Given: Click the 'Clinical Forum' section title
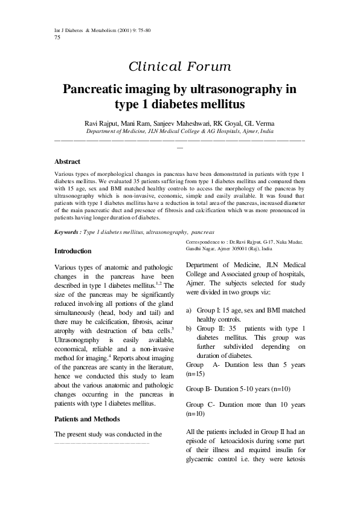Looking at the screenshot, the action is [179, 67].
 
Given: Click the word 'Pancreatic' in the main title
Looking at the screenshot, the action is [100, 90].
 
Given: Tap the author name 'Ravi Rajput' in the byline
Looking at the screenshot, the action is [103, 123].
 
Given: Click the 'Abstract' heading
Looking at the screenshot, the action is [68, 162].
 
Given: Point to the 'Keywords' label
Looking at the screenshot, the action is [67, 232].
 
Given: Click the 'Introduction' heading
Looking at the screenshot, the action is [73, 251].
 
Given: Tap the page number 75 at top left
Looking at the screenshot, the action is [57, 37].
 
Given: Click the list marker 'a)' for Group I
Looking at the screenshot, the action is [189, 310].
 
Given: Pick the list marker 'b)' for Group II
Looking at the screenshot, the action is [189, 328].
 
